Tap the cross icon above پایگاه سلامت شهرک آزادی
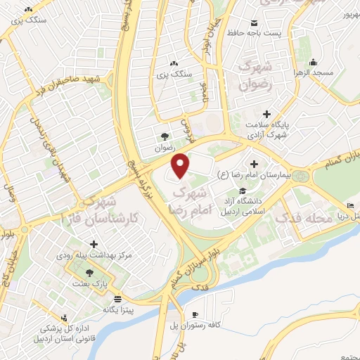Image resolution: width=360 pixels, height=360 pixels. point(266,114)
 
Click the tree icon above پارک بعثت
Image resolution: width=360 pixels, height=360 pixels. point(89,273)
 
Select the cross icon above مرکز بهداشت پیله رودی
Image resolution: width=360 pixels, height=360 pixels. point(94,244)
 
